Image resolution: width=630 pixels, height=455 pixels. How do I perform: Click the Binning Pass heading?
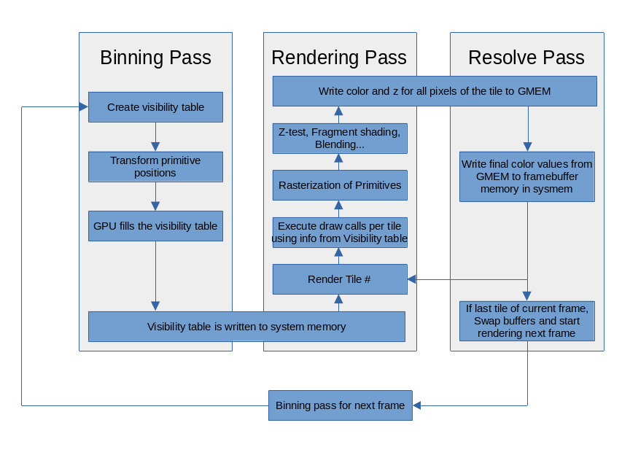[x=155, y=58]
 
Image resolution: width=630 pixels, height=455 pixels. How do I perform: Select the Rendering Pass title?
[x=339, y=58]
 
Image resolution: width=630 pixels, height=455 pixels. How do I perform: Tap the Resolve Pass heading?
[x=526, y=58]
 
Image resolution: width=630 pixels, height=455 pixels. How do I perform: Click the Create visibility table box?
[x=155, y=107]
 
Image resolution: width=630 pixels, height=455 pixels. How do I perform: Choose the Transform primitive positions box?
[x=155, y=167]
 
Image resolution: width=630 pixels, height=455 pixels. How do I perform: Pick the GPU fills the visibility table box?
[x=155, y=226]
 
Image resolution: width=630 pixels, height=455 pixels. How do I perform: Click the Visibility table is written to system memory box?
[x=246, y=327]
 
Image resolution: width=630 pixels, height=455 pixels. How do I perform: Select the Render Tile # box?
[x=340, y=279]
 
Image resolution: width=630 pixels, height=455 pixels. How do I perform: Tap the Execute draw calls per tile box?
[x=340, y=233]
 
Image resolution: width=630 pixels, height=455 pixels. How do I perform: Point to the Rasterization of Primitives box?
[x=340, y=185]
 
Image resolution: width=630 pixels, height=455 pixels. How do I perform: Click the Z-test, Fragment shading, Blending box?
[x=340, y=139]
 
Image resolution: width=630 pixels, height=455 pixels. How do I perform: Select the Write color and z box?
[x=435, y=91]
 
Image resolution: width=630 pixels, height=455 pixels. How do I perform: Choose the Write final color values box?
[x=527, y=176]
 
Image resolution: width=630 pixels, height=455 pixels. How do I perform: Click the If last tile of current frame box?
[x=527, y=321]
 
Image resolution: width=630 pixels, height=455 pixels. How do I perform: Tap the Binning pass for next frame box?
[x=341, y=405]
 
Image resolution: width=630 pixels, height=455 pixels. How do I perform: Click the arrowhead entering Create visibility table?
[x=84, y=107]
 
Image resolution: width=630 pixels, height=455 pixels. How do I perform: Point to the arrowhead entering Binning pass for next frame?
[x=417, y=405]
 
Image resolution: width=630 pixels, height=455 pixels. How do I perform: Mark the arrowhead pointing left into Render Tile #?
[x=412, y=279]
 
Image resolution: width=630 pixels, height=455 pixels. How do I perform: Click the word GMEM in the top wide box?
[x=534, y=91]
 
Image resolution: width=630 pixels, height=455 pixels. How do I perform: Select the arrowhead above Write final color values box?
[x=528, y=147]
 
